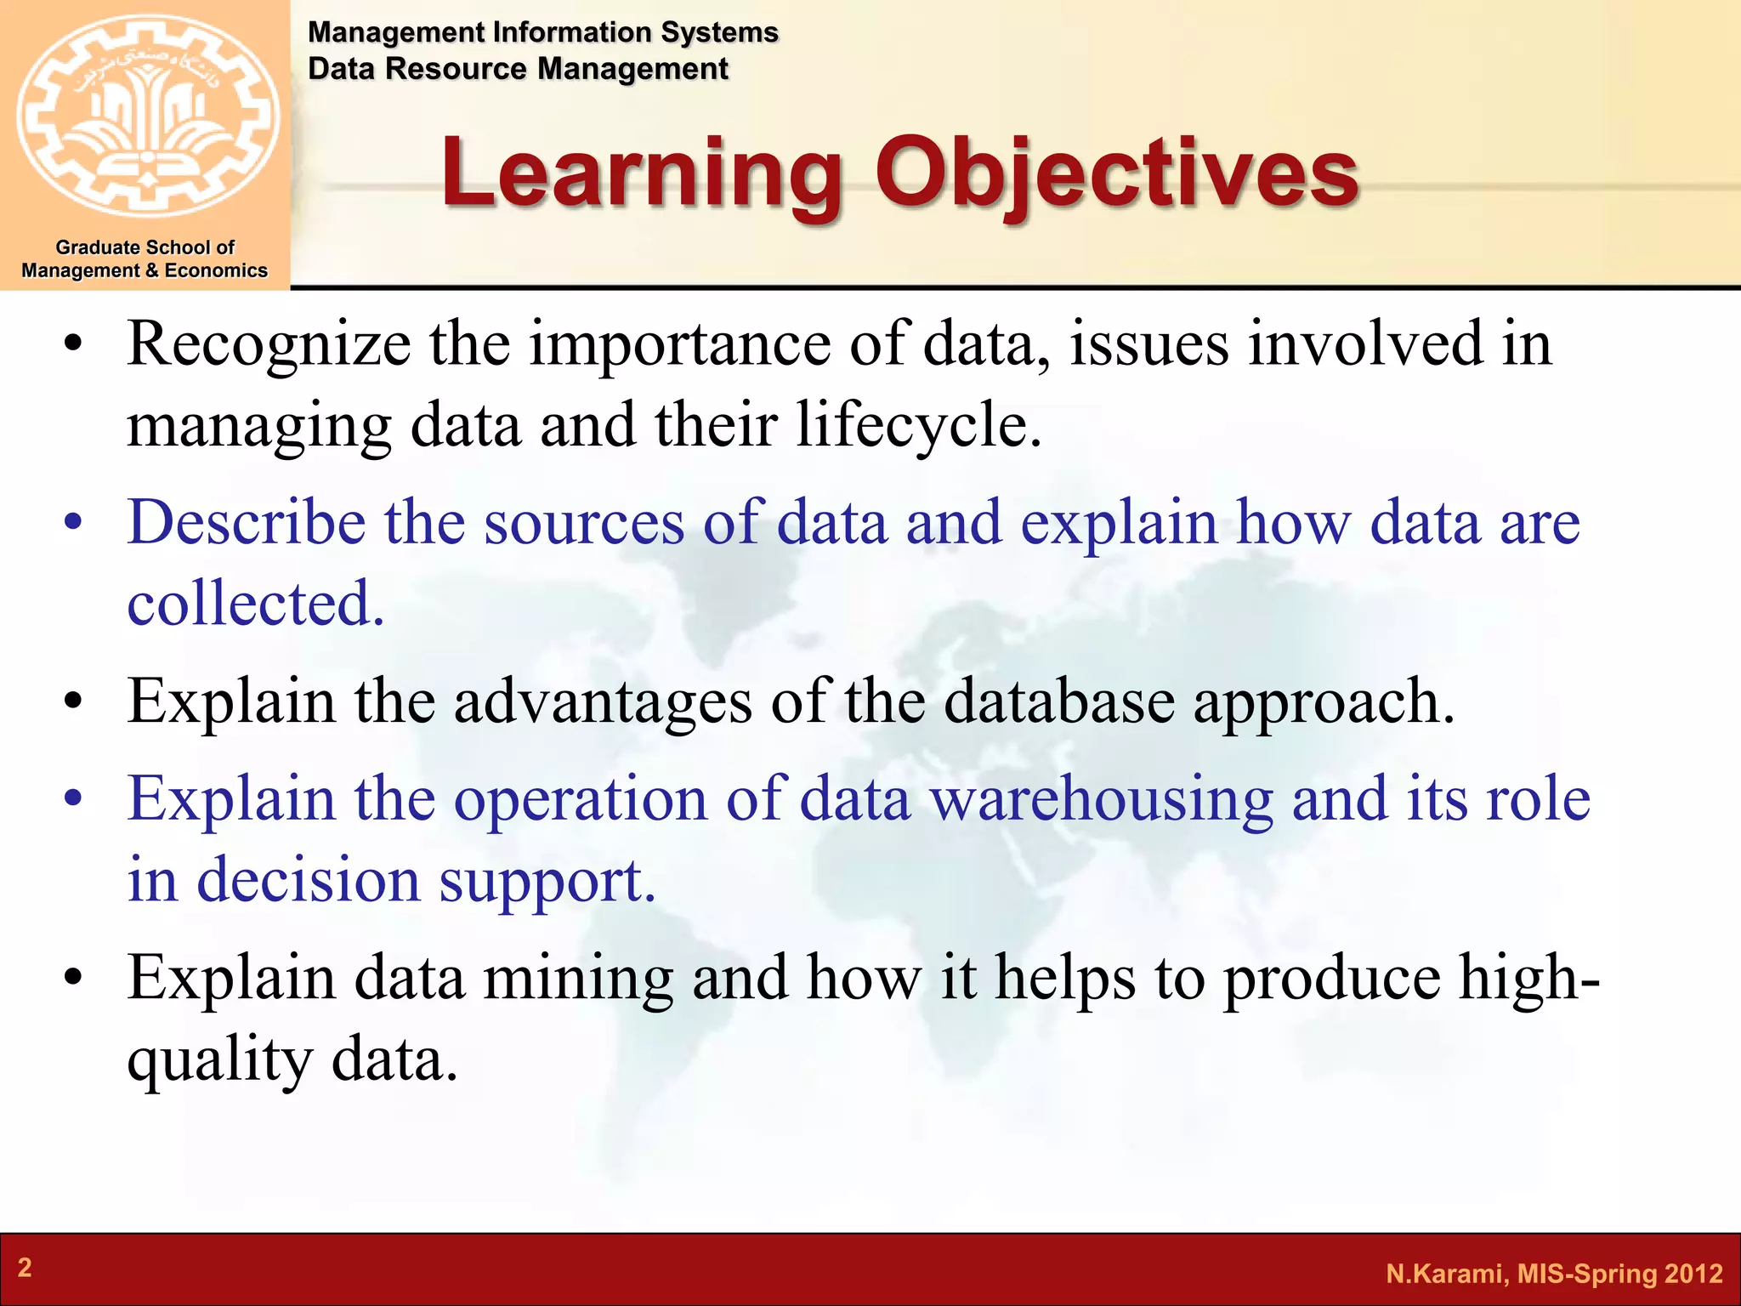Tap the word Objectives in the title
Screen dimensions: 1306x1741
(x=1117, y=173)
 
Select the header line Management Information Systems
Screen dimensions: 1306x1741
(x=542, y=32)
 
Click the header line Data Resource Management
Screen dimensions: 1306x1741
(x=518, y=69)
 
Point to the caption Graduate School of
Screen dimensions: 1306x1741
(x=145, y=247)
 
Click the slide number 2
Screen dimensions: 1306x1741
(x=25, y=1268)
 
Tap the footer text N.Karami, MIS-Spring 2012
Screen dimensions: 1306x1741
(x=1554, y=1274)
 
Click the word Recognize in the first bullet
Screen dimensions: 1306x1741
(x=269, y=344)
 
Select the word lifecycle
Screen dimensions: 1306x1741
(x=918, y=425)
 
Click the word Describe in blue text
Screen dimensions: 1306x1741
(x=246, y=522)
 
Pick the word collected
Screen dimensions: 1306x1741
(x=255, y=604)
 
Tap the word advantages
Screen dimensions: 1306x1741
(x=603, y=702)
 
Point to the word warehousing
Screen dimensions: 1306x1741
(x=1101, y=800)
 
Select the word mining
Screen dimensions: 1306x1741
(x=578, y=979)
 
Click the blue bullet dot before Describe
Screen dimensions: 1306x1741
(x=74, y=524)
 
